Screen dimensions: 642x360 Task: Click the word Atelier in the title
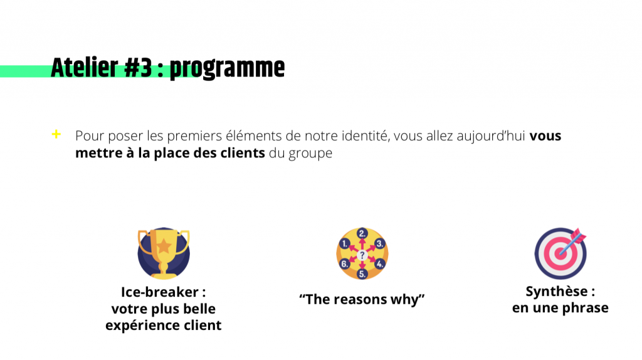pyautogui.click(x=85, y=68)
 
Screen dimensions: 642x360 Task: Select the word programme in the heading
pyautogui.click(x=227, y=69)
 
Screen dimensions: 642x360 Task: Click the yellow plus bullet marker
pyautogui.click(x=56, y=134)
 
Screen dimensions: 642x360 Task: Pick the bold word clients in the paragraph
pyautogui.click(x=243, y=153)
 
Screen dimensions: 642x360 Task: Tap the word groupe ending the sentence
pyautogui.click(x=310, y=154)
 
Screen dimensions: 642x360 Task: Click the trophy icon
pyautogui.click(x=164, y=253)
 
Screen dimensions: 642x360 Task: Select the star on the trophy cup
pyautogui.click(x=164, y=246)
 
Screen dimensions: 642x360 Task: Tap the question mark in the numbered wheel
pyautogui.click(x=362, y=255)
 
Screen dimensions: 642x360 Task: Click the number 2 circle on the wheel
pyautogui.click(x=362, y=234)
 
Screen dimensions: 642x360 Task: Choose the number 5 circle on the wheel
pyautogui.click(x=362, y=274)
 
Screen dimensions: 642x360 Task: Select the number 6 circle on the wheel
pyautogui.click(x=344, y=264)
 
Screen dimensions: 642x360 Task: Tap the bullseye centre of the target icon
pyautogui.click(x=560, y=254)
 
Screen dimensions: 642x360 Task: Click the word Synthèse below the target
pyautogui.click(x=557, y=292)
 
